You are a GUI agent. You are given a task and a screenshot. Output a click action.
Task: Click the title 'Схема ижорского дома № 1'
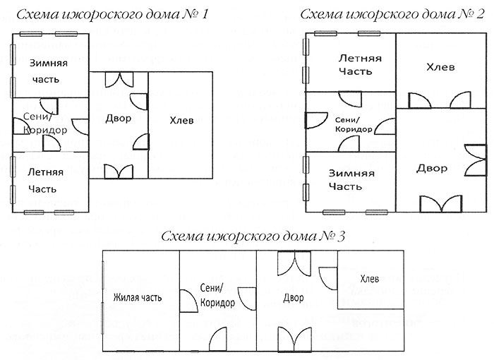click(112, 15)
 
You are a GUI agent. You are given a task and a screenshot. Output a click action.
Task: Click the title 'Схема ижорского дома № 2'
click(392, 14)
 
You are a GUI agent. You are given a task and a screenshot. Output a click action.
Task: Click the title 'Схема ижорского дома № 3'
click(253, 236)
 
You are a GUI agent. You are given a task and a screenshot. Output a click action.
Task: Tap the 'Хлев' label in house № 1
click(181, 121)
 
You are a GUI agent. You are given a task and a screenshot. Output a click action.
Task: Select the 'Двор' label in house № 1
click(118, 119)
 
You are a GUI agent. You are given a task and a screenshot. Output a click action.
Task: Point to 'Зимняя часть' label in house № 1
click(48, 71)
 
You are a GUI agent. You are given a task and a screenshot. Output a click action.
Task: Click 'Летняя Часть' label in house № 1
click(45, 180)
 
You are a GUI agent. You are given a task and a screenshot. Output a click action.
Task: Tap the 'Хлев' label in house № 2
click(440, 67)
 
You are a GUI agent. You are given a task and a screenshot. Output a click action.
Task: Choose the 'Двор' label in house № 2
click(432, 169)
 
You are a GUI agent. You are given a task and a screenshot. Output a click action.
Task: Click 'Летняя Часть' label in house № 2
click(359, 65)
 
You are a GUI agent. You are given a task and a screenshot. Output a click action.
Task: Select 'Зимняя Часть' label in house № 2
click(351, 180)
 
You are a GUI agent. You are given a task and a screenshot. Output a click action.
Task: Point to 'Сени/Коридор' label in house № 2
click(353, 124)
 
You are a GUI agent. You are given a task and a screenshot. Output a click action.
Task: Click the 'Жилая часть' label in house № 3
click(138, 297)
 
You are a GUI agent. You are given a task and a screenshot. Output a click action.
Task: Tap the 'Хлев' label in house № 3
click(370, 279)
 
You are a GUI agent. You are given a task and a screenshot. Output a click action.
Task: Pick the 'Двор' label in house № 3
click(294, 298)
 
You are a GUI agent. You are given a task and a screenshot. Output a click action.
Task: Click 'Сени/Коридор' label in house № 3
click(217, 295)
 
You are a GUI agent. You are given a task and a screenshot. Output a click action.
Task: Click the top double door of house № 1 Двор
click(119, 80)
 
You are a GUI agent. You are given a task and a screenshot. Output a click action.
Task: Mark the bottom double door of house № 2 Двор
click(441, 203)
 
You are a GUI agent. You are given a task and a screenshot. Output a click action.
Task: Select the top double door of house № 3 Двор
click(294, 263)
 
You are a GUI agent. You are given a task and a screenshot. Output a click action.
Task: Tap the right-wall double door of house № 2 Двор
click(476, 160)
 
